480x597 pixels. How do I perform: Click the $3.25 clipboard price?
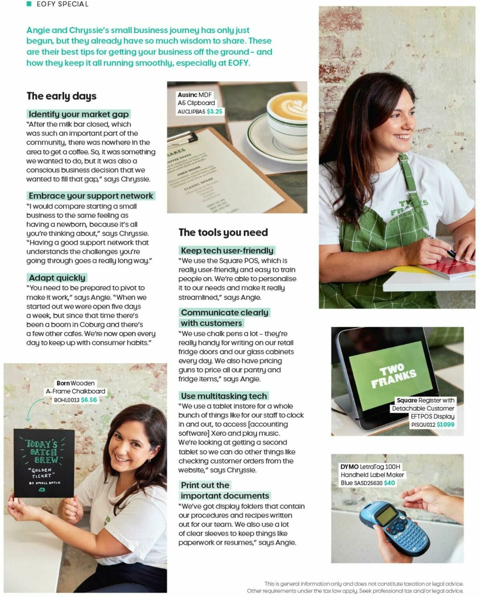point(214,112)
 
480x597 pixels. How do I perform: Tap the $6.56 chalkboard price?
point(89,400)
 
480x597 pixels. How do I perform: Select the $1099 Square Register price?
point(445,425)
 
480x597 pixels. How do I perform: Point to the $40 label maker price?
point(389,483)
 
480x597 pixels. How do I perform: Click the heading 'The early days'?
point(62,96)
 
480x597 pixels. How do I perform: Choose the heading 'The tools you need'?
point(223,232)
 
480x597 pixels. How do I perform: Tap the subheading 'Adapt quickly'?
point(57,278)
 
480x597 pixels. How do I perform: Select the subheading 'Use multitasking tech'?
point(224,396)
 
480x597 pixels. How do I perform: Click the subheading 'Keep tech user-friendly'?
point(227,251)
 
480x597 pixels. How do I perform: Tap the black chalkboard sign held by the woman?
point(44,463)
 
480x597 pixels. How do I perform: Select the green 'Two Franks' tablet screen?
point(393,374)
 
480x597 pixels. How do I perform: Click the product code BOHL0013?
point(67,400)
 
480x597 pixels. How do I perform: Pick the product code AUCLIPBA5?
point(191,112)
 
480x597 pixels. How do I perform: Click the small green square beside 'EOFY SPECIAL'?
point(29,4)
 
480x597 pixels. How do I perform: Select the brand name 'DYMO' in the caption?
point(349,467)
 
